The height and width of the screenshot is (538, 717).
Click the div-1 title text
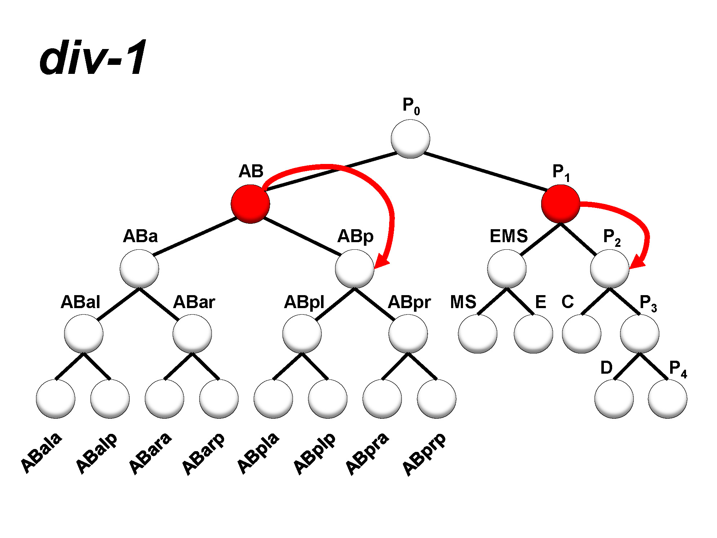coord(93,58)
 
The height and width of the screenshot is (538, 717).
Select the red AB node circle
coord(250,204)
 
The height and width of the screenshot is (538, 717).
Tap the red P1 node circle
coord(560,204)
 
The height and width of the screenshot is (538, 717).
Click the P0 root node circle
coord(410,139)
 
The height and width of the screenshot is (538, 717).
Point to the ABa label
coord(140,236)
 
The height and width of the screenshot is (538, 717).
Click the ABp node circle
coord(355,269)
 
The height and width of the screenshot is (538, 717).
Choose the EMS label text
coord(508,236)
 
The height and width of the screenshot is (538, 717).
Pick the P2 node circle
coord(610,269)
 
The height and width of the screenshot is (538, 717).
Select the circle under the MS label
coord(477,334)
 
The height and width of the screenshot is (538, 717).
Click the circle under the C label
coord(582,334)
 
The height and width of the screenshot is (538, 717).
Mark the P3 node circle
coord(640,334)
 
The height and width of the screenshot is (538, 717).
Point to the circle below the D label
coord(614,399)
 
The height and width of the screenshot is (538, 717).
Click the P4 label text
coord(678,369)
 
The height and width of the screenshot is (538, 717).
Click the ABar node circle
coord(192,334)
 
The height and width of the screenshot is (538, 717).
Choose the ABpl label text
coord(304,302)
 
